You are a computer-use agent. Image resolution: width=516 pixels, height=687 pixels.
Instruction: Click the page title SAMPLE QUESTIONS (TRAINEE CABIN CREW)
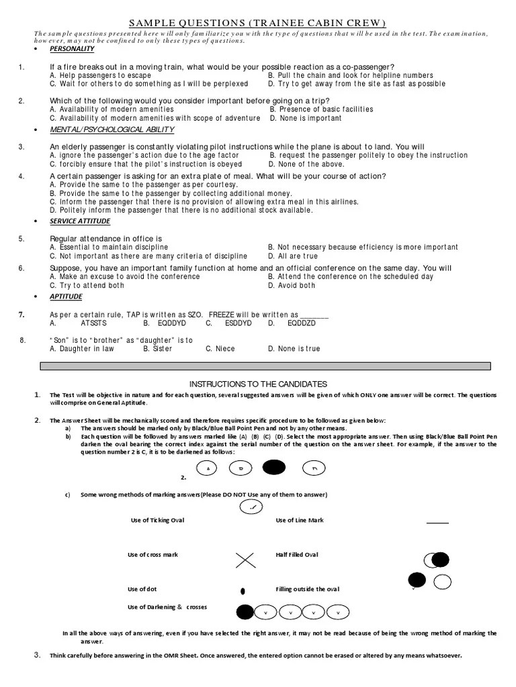pos(257,22)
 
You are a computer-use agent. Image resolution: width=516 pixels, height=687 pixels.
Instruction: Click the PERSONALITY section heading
pos(72,49)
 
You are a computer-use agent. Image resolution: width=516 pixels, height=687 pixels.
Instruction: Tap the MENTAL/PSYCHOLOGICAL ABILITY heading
pos(112,129)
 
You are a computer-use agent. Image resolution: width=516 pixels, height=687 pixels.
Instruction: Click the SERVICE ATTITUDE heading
pos(80,221)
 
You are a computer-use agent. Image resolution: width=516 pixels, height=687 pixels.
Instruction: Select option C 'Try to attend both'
pos(87,286)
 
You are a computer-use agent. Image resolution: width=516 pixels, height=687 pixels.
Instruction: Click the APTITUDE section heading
pos(66,297)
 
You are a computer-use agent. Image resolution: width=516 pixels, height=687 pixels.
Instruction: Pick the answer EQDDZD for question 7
pos(301,323)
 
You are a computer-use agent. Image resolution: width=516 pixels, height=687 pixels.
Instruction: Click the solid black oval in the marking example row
pos(274,468)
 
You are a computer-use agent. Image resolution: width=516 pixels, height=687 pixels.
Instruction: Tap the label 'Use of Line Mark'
pos(300,521)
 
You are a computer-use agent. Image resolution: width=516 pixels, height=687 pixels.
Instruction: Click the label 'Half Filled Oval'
pos(297,555)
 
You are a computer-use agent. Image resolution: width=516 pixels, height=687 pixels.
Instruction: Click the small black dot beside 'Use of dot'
pos(243,591)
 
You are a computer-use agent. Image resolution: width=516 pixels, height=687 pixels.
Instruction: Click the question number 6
pos(21,268)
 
